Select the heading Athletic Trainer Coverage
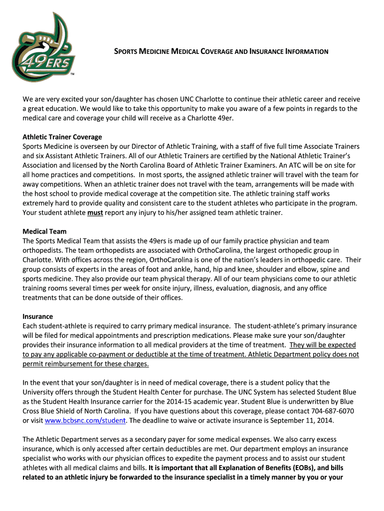click(62, 137)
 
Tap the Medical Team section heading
click(44, 232)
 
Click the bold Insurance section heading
click(38, 316)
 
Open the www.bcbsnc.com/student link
click(85, 421)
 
